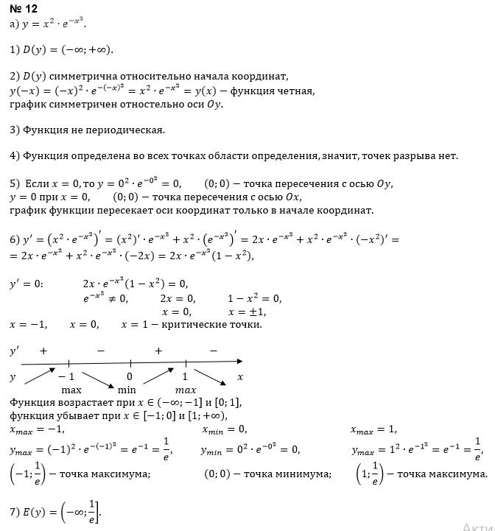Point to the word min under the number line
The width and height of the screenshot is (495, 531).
tap(126, 389)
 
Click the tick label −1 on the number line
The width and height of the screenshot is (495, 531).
tap(67, 376)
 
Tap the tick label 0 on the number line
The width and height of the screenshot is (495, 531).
tap(129, 376)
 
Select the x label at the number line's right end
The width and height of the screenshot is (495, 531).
tap(239, 376)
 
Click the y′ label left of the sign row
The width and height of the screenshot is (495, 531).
tap(13, 352)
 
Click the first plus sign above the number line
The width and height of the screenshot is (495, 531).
tap(43, 351)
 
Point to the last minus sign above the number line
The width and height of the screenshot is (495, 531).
tap(213, 351)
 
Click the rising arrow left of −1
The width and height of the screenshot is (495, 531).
tap(40, 376)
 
